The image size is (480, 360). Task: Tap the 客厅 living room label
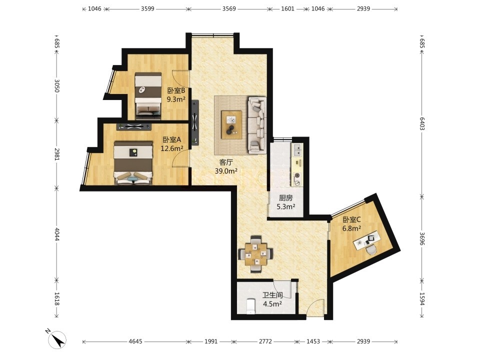point(226,162)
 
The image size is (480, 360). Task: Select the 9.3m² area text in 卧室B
point(176,99)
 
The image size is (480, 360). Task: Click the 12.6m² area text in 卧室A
point(172,148)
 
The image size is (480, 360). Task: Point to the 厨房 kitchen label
point(285,198)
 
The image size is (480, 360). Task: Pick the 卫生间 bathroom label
point(272,295)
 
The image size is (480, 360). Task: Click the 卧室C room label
point(351,219)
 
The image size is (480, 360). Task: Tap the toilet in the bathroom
point(250,306)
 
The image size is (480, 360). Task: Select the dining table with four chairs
point(255,254)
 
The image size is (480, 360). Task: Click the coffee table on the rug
point(231,125)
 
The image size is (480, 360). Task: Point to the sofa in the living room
point(257,125)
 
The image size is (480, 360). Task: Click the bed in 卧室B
point(148,95)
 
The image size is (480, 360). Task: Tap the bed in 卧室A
point(133,162)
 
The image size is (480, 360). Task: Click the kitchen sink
point(297,149)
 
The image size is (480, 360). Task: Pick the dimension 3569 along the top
point(229,9)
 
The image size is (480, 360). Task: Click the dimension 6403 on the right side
point(422,123)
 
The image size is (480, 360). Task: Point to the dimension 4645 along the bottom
point(135,341)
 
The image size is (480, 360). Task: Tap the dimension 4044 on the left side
point(56,233)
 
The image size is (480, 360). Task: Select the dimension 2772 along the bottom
point(265,341)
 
